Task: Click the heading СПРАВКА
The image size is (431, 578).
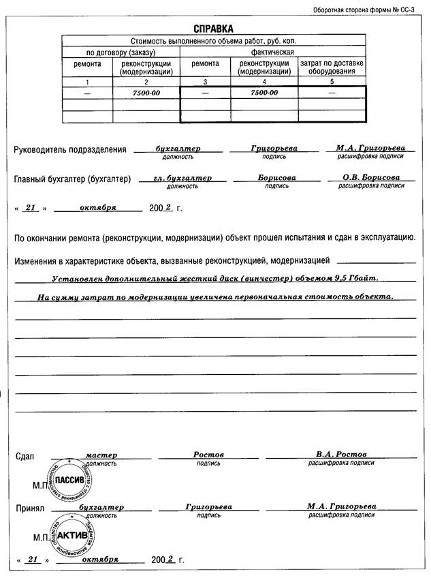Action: pyautogui.click(x=214, y=29)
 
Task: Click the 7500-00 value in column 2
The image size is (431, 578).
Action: pyautogui.click(x=146, y=92)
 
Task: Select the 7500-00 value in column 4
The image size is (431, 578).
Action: pyautogui.click(x=264, y=92)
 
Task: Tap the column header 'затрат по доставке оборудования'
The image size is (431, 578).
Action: pyautogui.click(x=332, y=67)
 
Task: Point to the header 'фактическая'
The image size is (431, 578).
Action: pyautogui.click(x=273, y=52)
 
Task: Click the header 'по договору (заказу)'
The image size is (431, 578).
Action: pyautogui.click(x=121, y=52)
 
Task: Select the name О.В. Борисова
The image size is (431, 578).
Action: pyautogui.click(x=371, y=177)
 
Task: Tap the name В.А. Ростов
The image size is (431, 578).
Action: pyautogui.click(x=341, y=454)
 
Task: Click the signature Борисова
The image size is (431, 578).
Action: pyautogui.click(x=276, y=177)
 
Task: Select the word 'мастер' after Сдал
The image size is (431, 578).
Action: pyautogui.click(x=101, y=454)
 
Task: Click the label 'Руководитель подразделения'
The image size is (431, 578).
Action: pyautogui.click(x=71, y=149)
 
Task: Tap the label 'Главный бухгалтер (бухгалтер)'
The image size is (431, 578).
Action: pyautogui.click(x=72, y=179)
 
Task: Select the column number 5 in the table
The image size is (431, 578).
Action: pyautogui.click(x=332, y=82)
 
